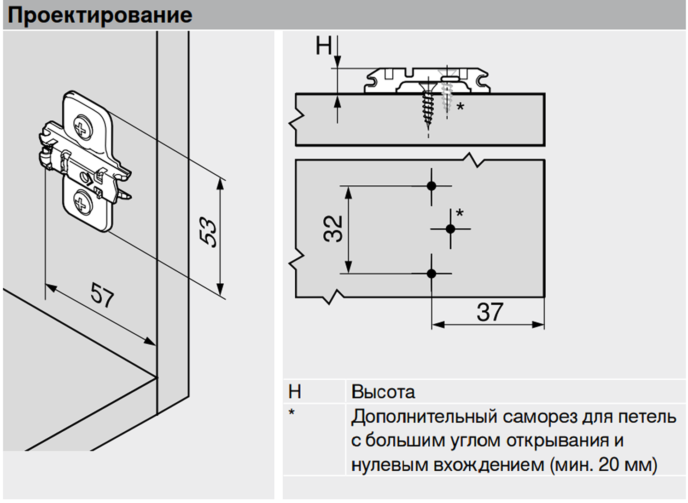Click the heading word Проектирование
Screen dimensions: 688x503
tap(100, 16)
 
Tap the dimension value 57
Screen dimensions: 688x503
tap(103, 295)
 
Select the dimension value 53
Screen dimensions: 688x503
tap(208, 232)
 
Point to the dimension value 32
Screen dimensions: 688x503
tap(333, 229)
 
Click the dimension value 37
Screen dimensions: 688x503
tap(490, 312)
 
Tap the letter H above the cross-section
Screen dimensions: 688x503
tap(324, 46)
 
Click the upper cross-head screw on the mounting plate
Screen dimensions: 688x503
tap(83, 127)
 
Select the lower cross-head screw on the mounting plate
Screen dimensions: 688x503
tap(83, 202)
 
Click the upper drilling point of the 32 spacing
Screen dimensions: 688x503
tap(431, 186)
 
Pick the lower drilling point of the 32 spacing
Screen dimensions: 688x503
tap(431, 273)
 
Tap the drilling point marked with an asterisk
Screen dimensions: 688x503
tap(450, 229)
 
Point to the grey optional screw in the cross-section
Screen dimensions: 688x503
tap(446, 95)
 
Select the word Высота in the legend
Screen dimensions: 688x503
tap(383, 392)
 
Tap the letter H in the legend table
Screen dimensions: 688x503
tap(295, 392)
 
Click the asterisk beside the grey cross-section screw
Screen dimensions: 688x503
tap(460, 106)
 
